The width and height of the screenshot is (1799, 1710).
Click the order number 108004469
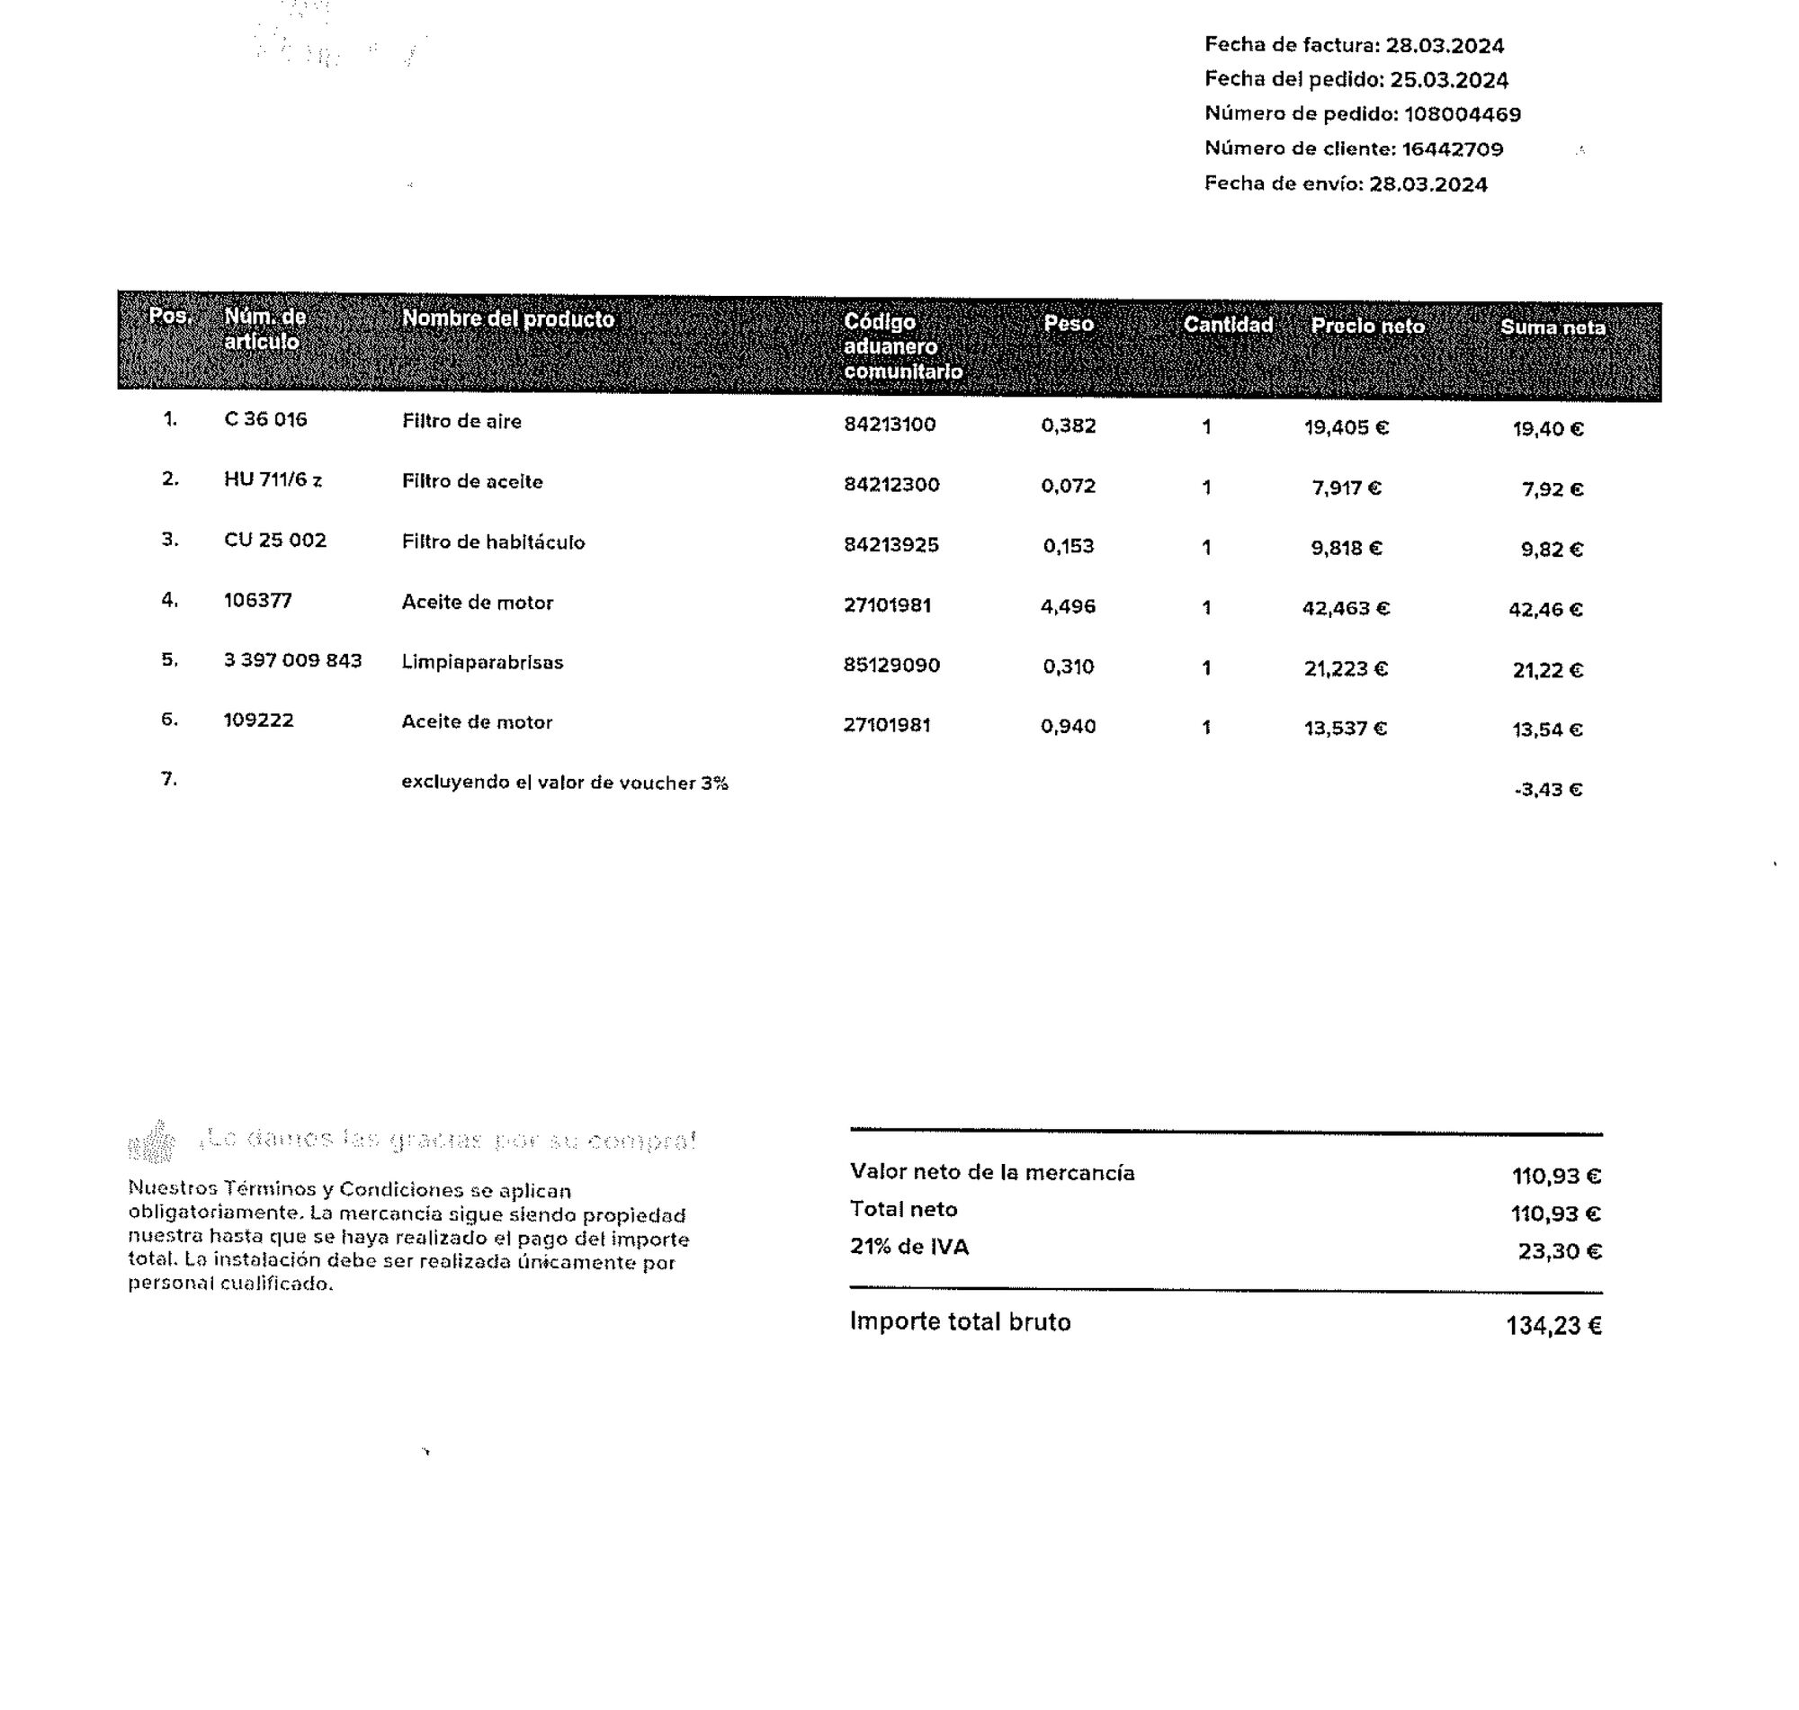tap(1461, 114)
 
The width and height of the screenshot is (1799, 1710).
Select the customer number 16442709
tap(1452, 148)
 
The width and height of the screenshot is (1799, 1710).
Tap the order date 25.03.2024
tap(1448, 79)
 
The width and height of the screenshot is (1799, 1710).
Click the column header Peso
tap(1068, 324)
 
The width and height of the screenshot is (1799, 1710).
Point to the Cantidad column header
tap(1227, 325)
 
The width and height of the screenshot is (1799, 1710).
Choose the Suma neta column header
tap(1552, 327)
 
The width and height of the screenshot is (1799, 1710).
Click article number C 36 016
tap(265, 419)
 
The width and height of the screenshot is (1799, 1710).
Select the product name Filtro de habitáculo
tap(493, 542)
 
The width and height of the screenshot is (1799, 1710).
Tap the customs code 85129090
tap(891, 666)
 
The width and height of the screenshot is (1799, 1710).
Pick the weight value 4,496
tap(1067, 606)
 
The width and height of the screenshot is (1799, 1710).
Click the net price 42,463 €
tap(1345, 608)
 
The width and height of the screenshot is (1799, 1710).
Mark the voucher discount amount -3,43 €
tap(1547, 790)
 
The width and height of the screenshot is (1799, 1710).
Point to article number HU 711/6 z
tap(273, 479)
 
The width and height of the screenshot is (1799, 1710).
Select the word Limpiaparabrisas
tap(482, 663)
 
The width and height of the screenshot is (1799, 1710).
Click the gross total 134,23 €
tap(1553, 1325)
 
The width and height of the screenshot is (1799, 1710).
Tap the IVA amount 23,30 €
tap(1559, 1251)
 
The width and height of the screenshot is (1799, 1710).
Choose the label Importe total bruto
tap(960, 1321)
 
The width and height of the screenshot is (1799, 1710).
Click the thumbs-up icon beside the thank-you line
tap(152, 1141)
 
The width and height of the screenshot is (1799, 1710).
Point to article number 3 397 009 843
tap(292, 660)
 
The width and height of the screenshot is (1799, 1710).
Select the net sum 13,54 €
tap(1546, 730)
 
